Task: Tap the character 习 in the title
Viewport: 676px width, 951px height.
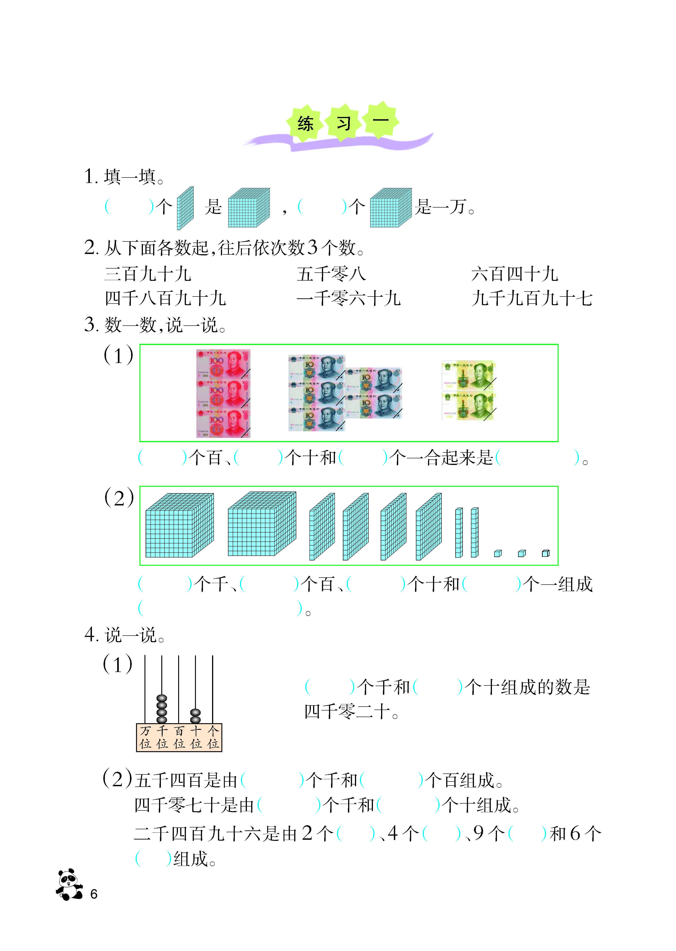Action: pos(343,124)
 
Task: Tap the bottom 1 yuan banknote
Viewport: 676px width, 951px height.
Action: pos(469,406)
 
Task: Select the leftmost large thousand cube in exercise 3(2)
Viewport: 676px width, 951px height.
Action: pos(179,525)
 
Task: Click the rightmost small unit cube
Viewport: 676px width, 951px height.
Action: pos(546,553)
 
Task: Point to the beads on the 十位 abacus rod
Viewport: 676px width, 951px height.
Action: pos(195,716)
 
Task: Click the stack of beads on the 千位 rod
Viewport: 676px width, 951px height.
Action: pos(162,709)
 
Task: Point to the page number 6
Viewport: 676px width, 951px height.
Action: pos(94,894)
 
